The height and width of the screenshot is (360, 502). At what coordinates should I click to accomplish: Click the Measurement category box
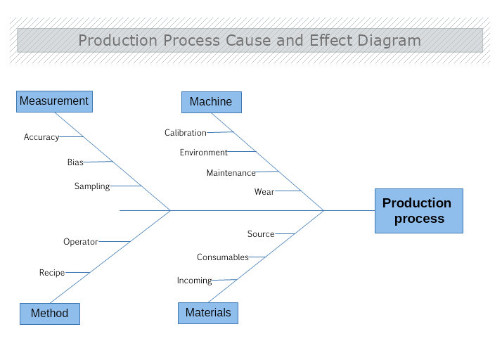54,101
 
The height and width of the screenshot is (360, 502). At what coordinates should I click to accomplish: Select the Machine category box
212,102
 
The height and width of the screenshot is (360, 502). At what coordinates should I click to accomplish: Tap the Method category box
50,314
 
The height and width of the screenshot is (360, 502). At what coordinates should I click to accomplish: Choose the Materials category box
208,313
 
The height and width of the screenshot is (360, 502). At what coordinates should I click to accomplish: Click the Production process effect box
419,211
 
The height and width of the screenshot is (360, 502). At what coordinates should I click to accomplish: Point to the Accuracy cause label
41,137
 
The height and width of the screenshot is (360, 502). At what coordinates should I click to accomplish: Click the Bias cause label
75,162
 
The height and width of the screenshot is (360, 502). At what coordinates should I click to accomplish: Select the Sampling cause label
92,186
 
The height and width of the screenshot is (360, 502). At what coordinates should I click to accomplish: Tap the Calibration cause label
186,133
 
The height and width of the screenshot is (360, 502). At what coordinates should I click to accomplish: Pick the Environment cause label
203,153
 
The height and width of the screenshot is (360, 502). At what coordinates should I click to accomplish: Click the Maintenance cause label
231,173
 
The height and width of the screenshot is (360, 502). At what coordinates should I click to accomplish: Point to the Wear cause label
264,192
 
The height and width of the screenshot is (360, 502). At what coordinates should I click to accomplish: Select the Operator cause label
80,242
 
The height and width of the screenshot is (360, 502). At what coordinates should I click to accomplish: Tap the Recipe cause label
52,273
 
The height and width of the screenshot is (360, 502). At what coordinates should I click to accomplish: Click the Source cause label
261,234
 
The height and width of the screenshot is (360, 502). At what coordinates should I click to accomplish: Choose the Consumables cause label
222,257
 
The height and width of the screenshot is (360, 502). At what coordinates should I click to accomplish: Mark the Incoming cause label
194,281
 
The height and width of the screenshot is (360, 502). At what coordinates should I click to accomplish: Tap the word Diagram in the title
389,41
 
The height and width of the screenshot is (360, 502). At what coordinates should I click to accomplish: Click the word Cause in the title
248,40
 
